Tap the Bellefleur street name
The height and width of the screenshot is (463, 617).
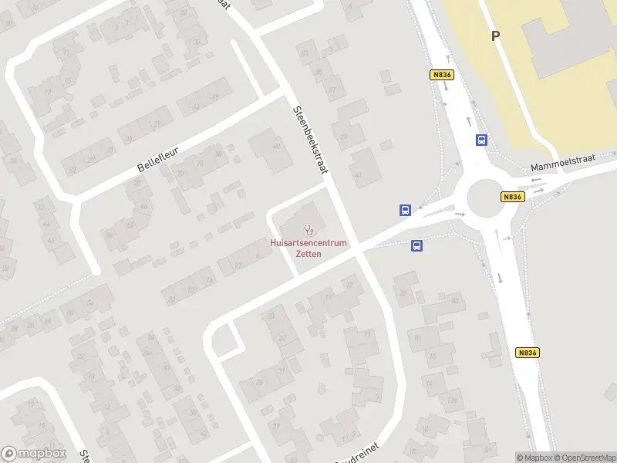[163, 155]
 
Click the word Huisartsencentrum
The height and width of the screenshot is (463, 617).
[309, 243]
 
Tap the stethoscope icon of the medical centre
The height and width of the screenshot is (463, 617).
[309, 229]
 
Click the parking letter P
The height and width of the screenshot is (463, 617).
[495, 35]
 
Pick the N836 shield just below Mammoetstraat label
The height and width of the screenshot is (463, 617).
[513, 197]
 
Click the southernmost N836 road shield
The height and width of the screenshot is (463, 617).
[527, 353]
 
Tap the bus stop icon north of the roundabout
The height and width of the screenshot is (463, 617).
[481, 140]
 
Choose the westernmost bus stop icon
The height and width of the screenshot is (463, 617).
[405, 210]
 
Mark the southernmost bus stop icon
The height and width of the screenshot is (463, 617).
[416, 246]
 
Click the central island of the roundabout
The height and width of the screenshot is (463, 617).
[484, 198]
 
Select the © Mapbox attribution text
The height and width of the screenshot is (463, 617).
[533, 458]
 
